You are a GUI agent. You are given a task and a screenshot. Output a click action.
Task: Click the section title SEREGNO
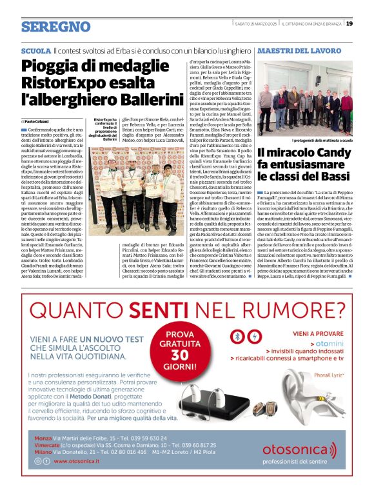pos(55,26)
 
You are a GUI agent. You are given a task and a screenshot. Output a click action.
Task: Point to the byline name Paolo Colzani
pos(39,121)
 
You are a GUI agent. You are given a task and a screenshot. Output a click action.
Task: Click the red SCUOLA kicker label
pos(35,50)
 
